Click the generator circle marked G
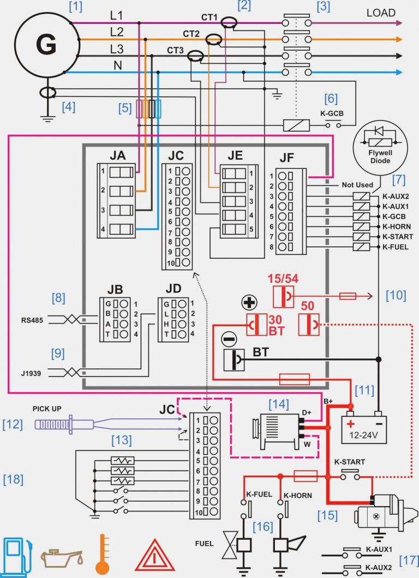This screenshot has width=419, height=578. click(46, 45)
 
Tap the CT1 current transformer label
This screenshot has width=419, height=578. click(209, 17)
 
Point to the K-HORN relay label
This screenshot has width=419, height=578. click(397, 226)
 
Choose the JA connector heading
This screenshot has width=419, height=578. click(117, 155)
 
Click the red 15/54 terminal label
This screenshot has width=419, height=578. click(283, 279)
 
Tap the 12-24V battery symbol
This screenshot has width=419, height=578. click(363, 427)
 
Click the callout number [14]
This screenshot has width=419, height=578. click(279, 404)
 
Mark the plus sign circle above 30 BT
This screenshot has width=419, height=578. click(249, 303)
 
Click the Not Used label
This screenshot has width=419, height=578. click(357, 185)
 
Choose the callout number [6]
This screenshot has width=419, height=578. click(331, 99)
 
